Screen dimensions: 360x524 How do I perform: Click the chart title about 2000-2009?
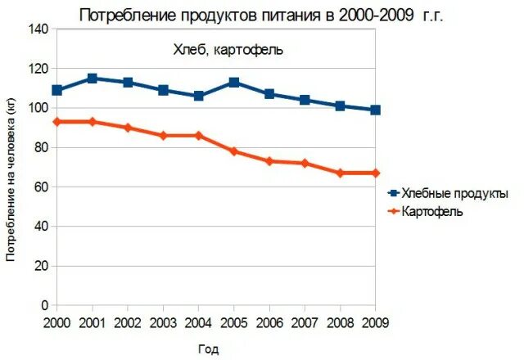coord(261,15)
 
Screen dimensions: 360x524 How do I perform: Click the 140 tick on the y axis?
coord(38,29)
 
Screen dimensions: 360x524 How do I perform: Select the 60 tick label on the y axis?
coord(42,187)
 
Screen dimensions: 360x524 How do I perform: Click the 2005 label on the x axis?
coord(233,322)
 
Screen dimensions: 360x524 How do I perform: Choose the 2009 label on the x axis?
coord(375,322)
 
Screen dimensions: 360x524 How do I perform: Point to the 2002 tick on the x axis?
coord(127,322)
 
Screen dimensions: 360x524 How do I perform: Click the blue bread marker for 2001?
coord(92,79)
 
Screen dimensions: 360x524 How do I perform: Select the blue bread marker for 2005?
coord(233,83)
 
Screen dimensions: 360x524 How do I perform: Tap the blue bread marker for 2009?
coord(375,110)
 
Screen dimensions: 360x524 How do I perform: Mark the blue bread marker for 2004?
coord(198,96)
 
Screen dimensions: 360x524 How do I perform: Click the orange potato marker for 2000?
coord(56,122)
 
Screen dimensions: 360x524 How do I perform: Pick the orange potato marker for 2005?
coord(233,151)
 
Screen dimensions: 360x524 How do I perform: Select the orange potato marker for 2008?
coord(340,173)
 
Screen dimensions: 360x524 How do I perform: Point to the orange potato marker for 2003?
coord(163,136)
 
